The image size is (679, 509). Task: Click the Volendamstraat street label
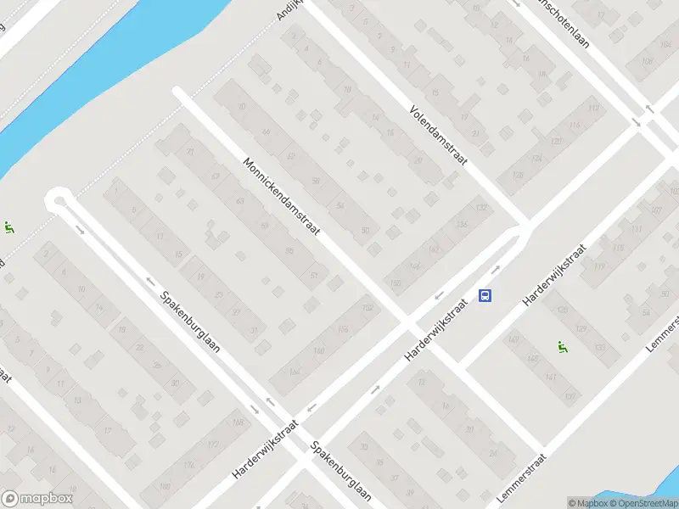pos(441,137)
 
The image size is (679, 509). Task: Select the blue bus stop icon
pos(485,295)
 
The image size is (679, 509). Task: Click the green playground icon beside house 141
pos(561,346)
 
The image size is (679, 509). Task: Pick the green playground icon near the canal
pos(8,227)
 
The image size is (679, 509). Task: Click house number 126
pos(536,159)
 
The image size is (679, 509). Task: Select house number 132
pos(483,207)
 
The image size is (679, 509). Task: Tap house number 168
pos(237,423)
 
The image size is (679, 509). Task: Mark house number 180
pos(165,486)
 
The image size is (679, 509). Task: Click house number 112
pos(593,109)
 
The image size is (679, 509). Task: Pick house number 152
pos(367,307)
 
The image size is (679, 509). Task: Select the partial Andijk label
pos(289,10)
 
